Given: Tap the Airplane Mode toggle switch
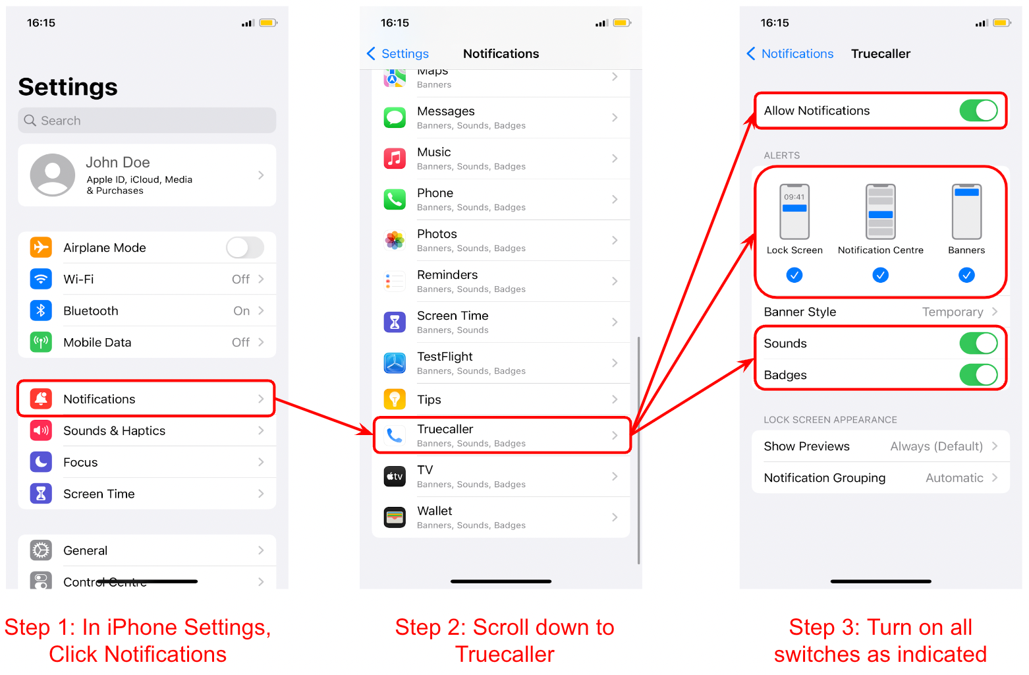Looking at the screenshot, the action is click(245, 248).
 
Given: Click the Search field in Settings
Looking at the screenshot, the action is click(147, 121).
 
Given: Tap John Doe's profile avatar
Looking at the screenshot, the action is click(52, 175).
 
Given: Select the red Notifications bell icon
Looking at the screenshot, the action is click(41, 399).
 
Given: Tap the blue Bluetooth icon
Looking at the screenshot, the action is click(41, 311).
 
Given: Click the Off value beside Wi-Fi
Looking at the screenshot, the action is click(240, 279).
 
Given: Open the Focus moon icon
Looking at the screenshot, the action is click(41, 462).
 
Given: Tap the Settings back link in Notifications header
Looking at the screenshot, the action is click(398, 54).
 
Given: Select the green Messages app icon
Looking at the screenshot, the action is click(395, 118).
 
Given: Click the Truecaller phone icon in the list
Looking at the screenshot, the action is click(395, 436).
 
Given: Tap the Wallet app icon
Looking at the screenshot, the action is click(395, 517).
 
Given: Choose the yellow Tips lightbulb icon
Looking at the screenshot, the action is click(395, 399).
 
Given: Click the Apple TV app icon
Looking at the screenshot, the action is click(395, 477).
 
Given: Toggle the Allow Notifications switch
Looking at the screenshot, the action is click(978, 111).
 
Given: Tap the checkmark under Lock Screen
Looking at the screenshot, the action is click(794, 275).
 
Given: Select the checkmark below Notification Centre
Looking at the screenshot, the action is click(880, 275).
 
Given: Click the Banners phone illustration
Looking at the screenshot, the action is click(966, 212).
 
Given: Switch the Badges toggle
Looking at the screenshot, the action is click(978, 375).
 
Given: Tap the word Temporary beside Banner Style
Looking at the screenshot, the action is click(953, 312).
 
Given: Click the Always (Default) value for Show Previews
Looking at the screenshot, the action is click(936, 446).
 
